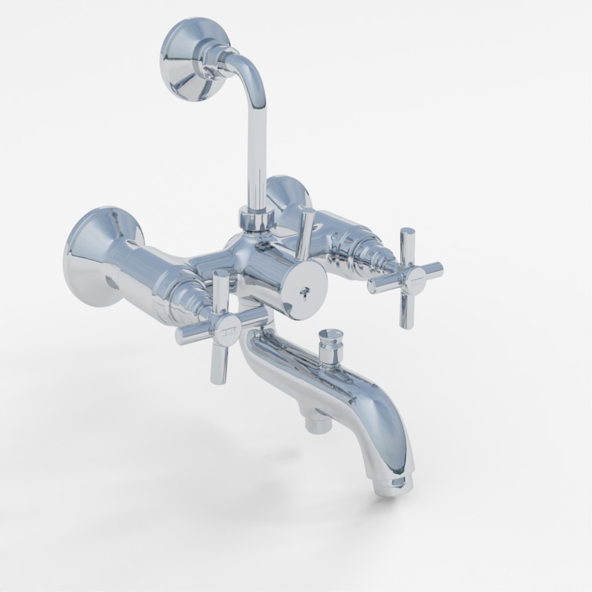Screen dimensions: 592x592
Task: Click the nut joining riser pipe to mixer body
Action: (255, 220)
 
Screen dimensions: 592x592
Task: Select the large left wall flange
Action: (95, 255)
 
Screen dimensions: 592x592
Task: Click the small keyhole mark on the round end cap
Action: (305, 292)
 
